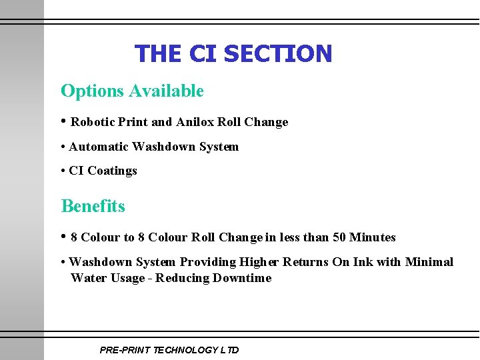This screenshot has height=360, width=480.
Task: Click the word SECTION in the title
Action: point(278,53)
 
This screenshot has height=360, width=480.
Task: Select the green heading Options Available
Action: point(132,91)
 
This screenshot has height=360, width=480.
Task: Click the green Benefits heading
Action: point(93,206)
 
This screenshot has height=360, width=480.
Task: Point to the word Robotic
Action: point(93,122)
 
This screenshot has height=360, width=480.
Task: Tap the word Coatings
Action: point(112,171)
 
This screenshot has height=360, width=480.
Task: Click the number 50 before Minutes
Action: point(340,237)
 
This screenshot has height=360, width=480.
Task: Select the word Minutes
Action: point(373,237)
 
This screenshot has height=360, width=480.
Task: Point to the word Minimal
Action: point(429,262)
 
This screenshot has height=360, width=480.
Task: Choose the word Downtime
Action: point(242,278)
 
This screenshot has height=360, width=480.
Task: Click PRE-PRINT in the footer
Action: point(125,350)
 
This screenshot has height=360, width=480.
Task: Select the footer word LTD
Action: point(229,350)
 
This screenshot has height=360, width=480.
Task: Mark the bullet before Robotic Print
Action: point(64,121)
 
